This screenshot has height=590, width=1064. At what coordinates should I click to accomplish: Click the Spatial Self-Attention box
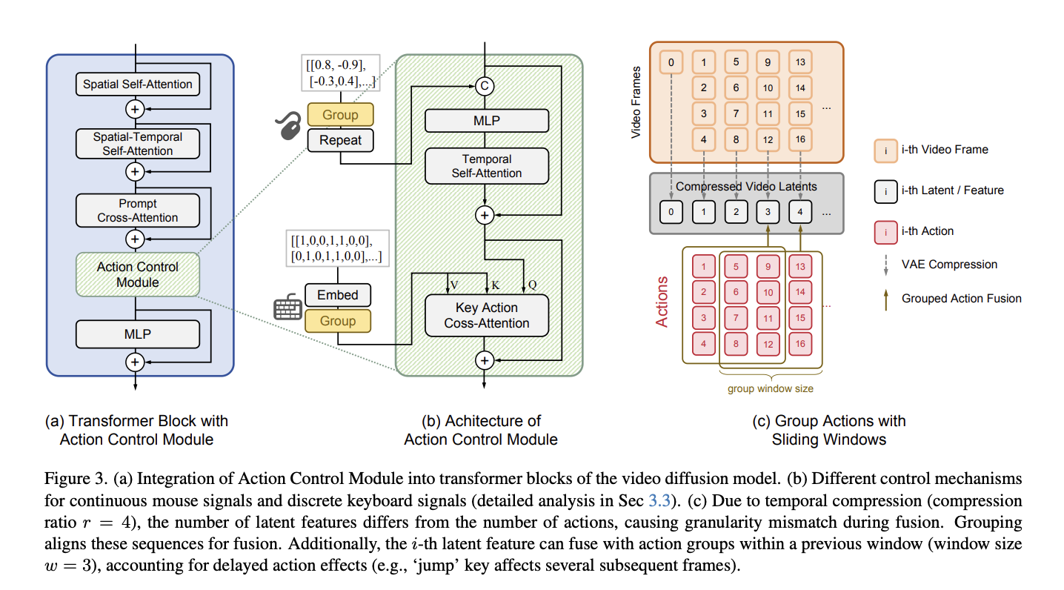point(138,84)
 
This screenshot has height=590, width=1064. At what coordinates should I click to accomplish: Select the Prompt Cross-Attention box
point(138,211)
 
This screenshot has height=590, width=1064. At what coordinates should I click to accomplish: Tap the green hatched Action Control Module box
point(138,274)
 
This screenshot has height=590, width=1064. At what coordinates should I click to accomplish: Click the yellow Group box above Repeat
point(340,114)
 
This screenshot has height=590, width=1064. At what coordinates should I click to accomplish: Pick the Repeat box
point(340,140)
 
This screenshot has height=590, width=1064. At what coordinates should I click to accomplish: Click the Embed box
point(338,295)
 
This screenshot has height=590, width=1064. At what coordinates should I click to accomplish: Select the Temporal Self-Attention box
point(487,166)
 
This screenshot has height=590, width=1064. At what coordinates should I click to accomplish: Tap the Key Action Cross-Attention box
point(487,316)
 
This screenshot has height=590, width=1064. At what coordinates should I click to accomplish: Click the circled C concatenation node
point(485,86)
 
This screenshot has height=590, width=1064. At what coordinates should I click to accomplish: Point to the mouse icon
point(288,125)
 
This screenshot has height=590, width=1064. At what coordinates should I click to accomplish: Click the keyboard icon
point(287,307)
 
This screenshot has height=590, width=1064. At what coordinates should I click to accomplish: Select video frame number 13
point(800,62)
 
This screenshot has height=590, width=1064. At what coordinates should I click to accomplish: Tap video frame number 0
point(671,62)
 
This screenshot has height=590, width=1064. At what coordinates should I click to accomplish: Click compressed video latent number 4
point(800,212)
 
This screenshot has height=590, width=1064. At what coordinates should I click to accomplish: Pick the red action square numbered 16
point(800,344)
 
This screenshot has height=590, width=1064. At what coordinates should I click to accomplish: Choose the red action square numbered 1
point(703,267)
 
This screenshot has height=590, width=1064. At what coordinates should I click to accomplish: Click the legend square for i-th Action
point(886,232)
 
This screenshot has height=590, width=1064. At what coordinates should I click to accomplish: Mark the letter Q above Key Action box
point(533,285)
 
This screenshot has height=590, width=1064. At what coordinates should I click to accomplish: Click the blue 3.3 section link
point(659,500)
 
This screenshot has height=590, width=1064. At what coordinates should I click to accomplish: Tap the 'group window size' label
point(771,388)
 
